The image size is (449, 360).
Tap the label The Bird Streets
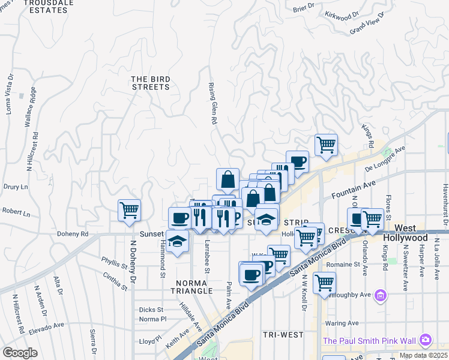pos(151,83)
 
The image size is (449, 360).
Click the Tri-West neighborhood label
pos(283,334)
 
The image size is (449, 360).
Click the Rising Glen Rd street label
pos(212,103)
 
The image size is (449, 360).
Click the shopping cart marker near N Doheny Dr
pos(129,210)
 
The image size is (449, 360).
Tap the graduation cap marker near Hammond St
pos(178,242)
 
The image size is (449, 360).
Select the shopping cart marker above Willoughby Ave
pos(324,281)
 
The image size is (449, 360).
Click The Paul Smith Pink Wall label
pos(369,341)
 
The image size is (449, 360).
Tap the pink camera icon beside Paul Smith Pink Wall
pos(426,340)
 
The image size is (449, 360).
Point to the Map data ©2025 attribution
pos(423,355)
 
